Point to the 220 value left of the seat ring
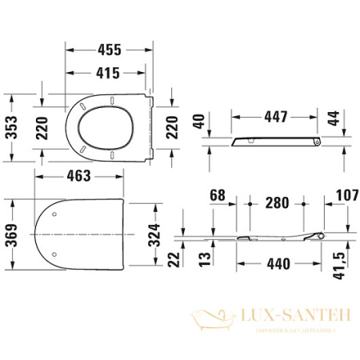pyautogui.click(x=47, y=126)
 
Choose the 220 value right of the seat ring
pyautogui.click(x=170, y=126)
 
